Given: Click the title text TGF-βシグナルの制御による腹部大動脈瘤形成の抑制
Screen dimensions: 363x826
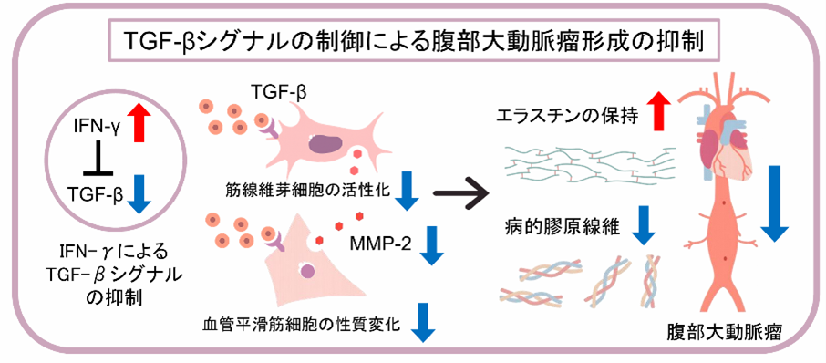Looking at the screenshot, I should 413,40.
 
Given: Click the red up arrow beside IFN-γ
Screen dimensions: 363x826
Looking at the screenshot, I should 138,122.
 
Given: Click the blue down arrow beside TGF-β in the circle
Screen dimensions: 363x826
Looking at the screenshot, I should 138,194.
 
